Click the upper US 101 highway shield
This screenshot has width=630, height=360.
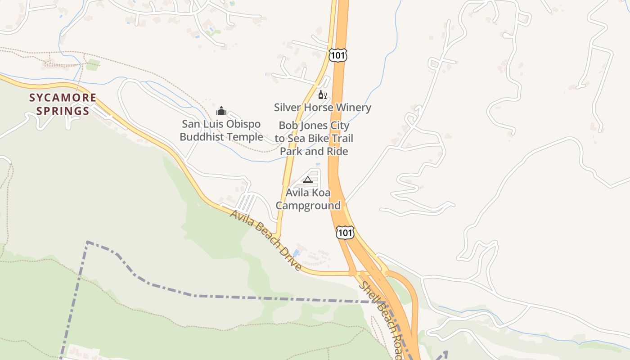point(338,54)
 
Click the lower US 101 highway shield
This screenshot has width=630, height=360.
point(345,233)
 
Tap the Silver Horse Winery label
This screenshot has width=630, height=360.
point(323,108)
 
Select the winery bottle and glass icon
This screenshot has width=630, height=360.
point(322,94)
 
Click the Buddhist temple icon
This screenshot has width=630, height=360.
point(221,110)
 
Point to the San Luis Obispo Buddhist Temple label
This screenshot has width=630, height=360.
point(221,130)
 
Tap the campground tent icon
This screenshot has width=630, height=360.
point(308,180)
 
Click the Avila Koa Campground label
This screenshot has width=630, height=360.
point(308,199)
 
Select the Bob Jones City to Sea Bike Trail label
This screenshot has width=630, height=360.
point(314,132)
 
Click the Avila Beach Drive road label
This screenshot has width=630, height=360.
point(266,240)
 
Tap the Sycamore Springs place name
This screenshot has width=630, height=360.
point(63,104)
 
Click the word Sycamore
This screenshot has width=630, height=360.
point(63,98)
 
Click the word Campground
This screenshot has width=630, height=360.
point(308,206)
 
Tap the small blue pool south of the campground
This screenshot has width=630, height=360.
point(296,252)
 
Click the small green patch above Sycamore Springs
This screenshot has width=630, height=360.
point(93,65)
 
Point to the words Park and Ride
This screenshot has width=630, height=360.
point(314,151)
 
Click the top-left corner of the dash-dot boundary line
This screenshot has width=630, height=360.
point(87,242)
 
